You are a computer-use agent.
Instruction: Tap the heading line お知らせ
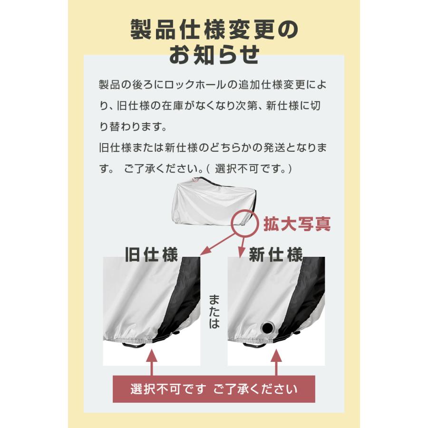tap(214, 55)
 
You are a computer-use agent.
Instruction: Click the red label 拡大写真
tap(297, 224)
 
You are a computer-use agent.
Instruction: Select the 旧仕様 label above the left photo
tap(151, 254)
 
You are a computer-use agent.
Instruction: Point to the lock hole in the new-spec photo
tap(268, 328)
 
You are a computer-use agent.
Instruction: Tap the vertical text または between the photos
tap(214, 311)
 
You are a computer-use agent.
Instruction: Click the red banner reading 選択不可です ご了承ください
tap(214, 389)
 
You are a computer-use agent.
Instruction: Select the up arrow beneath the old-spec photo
tap(152, 364)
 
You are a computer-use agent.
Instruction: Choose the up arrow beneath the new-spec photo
tap(276, 364)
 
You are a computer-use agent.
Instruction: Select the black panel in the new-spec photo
tap(304, 295)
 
